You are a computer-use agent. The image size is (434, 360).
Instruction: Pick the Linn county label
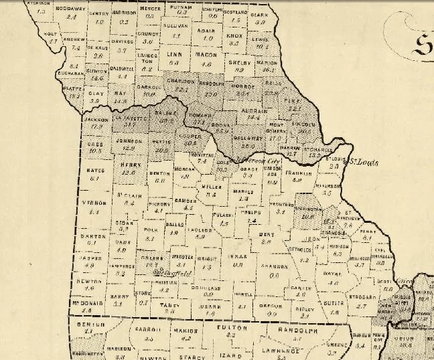(174, 54)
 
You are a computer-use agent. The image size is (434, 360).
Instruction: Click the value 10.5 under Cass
(95, 151)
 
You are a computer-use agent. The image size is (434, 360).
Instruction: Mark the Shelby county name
(238, 62)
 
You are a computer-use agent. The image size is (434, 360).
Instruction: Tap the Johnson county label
(129, 141)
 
